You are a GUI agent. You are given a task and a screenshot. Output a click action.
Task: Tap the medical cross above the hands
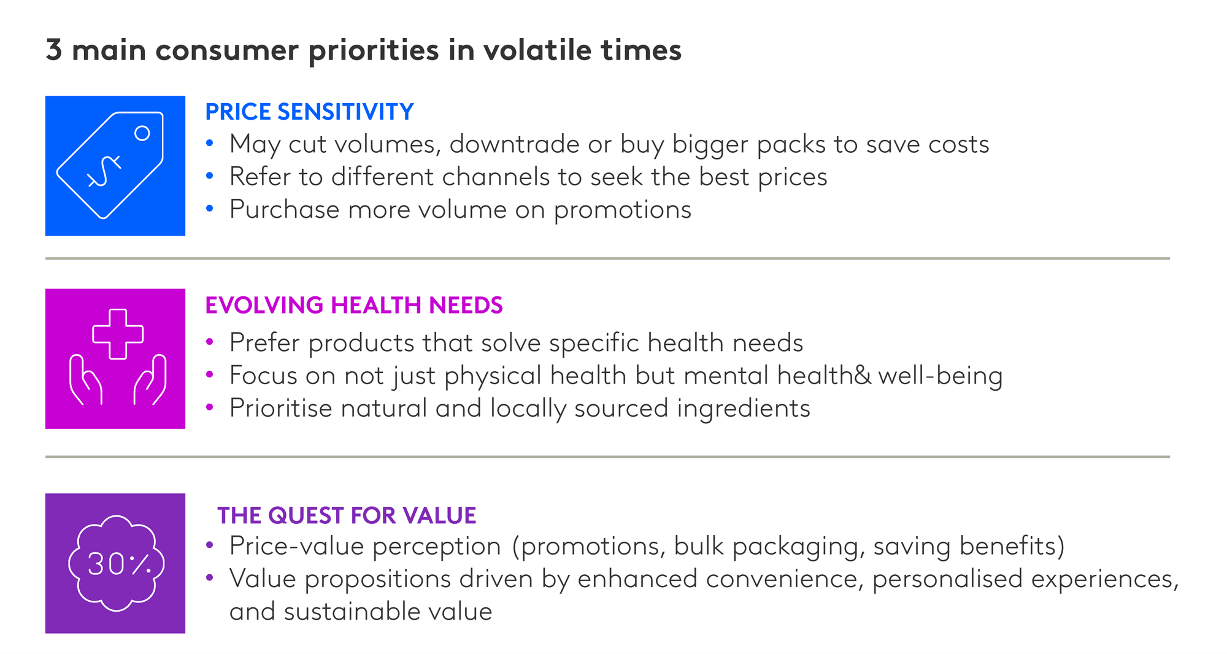(118, 334)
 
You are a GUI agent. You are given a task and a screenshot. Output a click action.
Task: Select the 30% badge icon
(116, 563)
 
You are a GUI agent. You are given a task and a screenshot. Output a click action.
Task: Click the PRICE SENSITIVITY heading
(309, 112)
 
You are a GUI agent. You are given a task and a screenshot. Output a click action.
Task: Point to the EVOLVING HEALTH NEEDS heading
(354, 305)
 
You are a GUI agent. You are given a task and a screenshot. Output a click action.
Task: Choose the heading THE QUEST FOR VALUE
(347, 515)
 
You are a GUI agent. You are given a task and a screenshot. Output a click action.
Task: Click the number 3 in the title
(54, 50)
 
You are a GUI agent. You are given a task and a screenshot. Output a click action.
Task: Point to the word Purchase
(284, 210)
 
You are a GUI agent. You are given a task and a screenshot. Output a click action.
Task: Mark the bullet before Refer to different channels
(210, 176)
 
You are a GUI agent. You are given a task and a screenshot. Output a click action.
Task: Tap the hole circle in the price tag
(142, 133)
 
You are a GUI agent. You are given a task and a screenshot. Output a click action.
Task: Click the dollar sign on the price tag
(105, 171)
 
